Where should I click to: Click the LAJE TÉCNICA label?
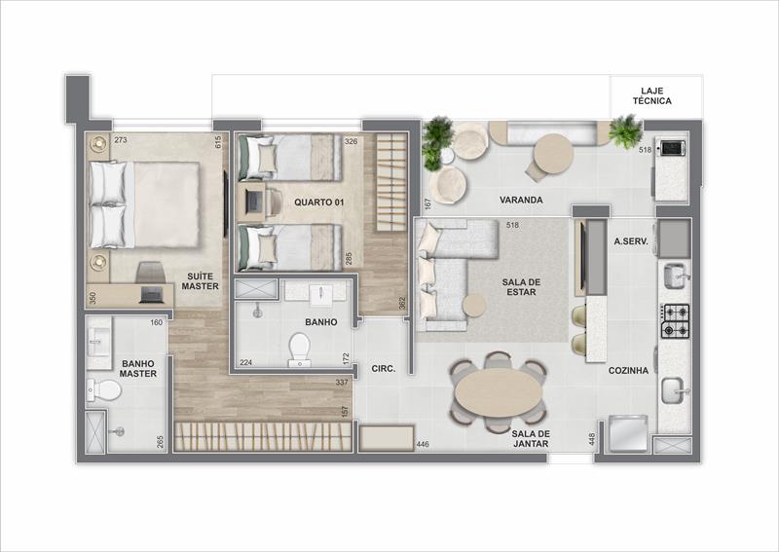(x=651, y=95)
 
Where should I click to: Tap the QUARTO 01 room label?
(x=319, y=202)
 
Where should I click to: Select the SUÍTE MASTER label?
(x=200, y=281)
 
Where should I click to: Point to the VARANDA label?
(x=521, y=200)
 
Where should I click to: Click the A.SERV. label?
(x=631, y=242)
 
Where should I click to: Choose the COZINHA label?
(x=628, y=371)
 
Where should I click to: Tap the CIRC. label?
(x=384, y=369)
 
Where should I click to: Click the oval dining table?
(x=499, y=390)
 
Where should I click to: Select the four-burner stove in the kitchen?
(x=675, y=321)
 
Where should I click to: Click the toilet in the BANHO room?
(x=300, y=350)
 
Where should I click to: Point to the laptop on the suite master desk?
(x=152, y=295)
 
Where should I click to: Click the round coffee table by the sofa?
(x=475, y=306)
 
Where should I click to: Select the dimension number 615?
(x=218, y=142)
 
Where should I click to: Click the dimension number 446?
(x=423, y=444)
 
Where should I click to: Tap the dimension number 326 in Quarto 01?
(x=351, y=141)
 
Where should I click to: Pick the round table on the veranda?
(x=553, y=153)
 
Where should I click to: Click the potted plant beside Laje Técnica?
(x=625, y=131)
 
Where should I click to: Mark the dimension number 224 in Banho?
(x=245, y=362)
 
